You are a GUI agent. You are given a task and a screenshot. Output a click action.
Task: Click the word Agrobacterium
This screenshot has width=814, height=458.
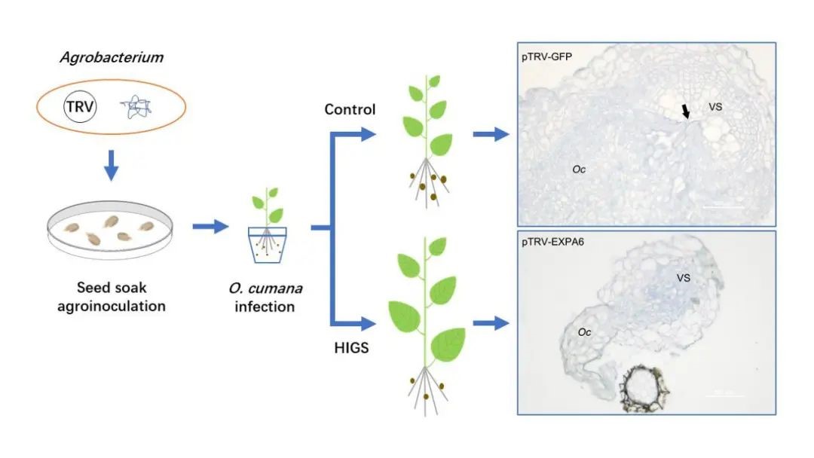112,57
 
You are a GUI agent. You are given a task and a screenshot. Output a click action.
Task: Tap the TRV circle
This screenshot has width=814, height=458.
80,106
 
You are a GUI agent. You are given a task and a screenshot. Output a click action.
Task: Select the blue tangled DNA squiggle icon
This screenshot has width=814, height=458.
136,106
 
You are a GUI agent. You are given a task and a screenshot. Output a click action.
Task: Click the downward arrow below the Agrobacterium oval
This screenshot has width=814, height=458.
111,166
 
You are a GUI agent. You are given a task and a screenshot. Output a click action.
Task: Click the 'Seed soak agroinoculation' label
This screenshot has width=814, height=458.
111,297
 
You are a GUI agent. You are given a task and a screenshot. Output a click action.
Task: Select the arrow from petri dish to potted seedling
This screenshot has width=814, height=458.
211,227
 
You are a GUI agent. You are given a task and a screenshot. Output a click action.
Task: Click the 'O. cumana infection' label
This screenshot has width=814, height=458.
265,298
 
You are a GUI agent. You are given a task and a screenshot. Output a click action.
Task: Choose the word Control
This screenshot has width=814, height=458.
350,109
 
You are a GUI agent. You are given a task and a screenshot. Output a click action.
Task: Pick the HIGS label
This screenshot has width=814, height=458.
351,347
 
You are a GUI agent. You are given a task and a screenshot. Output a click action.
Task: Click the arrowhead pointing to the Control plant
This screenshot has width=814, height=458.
368,134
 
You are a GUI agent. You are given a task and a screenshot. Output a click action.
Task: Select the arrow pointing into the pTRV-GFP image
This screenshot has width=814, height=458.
491,134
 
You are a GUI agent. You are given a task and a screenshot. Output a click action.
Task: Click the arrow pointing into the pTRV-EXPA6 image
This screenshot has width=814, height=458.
491,323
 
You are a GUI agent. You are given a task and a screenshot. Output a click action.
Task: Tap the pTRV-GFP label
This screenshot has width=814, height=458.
546,56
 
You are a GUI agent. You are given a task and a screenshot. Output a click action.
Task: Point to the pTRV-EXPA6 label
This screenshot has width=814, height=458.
553,242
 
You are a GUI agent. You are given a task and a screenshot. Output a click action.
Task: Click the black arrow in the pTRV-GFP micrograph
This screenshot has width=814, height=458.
686,111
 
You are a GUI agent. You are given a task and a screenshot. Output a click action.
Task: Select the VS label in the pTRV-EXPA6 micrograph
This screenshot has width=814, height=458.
683,278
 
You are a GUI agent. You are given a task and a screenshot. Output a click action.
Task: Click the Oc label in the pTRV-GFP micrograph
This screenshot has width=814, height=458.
579,169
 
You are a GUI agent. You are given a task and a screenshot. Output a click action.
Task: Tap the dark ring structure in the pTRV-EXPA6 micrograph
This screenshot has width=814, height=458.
644,388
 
